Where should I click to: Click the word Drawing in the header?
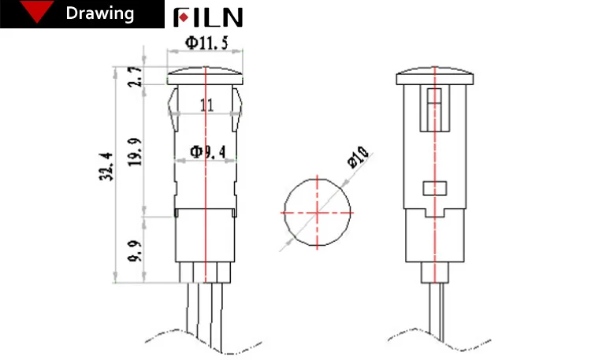pos(99,14)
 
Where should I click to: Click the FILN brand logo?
pos(208,17)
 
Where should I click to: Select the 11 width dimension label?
pos(206,105)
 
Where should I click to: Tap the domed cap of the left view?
pos(205,77)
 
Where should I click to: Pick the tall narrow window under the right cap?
pos(434,109)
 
